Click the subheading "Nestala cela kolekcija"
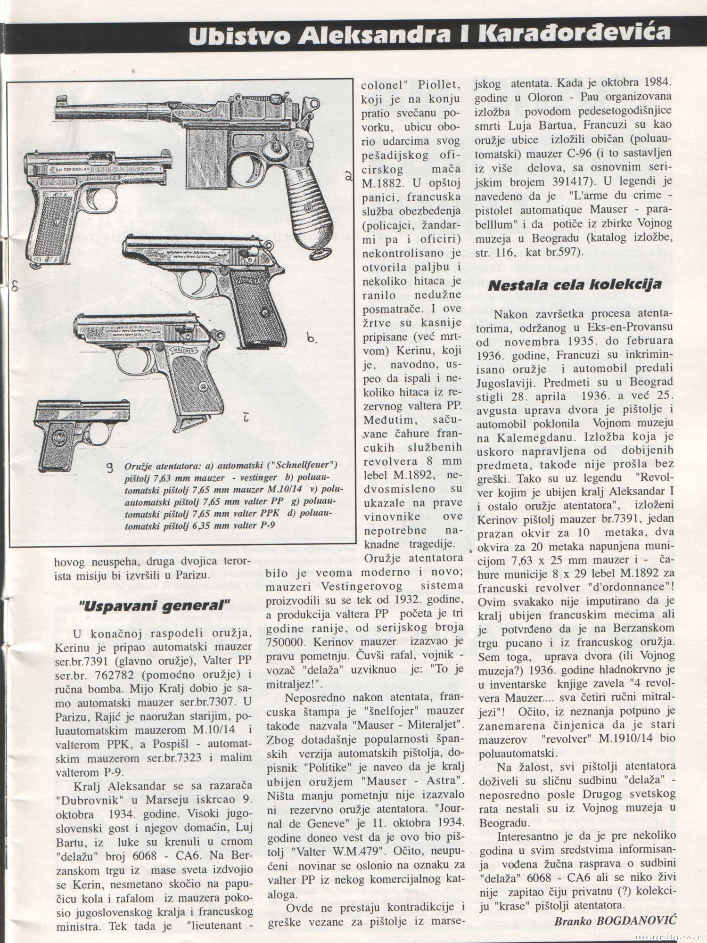pos(574,285)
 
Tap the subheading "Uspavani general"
pos(155,605)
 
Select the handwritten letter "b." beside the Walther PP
pos(311,338)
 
